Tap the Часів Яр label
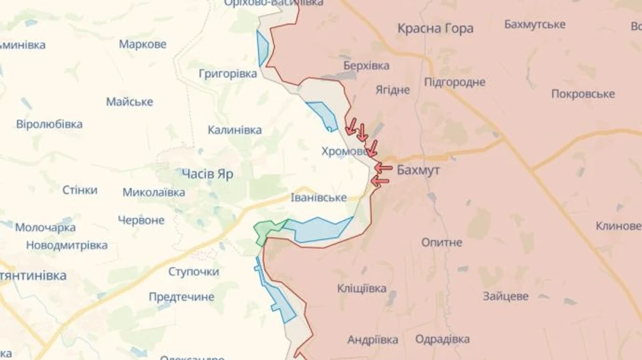click(208, 173)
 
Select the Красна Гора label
click(435, 29)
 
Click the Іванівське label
click(319, 197)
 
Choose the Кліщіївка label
click(362, 288)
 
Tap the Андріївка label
click(372, 339)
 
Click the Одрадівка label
click(442, 339)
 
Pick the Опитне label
click(442, 242)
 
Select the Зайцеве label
click(505, 295)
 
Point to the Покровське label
click(583, 94)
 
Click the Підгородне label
click(454, 82)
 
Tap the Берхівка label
click(366, 66)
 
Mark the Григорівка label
click(228, 73)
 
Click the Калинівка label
click(235, 130)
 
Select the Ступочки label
click(193, 272)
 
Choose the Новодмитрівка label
click(67, 245)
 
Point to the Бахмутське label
click(534, 24)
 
